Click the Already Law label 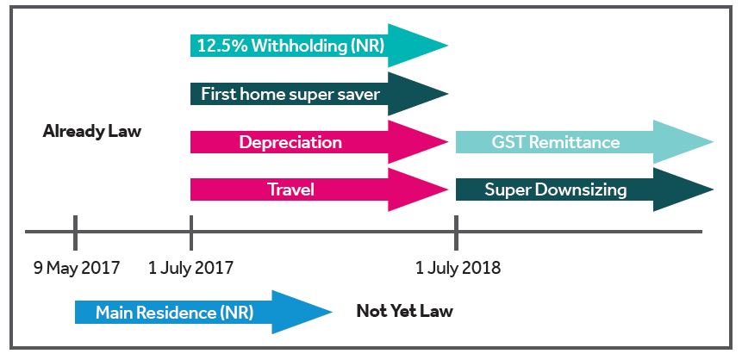coord(91,132)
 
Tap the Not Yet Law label coord(404,311)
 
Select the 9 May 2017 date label coord(77,268)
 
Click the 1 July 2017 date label coord(190,268)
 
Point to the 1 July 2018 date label coord(458,268)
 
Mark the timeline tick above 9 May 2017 coord(76,232)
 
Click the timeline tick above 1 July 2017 coord(190,232)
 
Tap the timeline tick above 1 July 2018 coord(456,232)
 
